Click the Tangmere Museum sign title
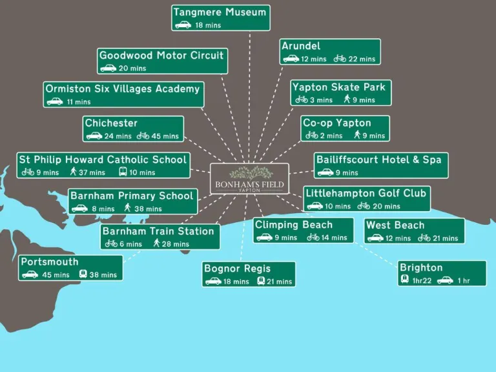click(x=220, y=13)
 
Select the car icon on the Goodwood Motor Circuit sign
click(x=108, y=68)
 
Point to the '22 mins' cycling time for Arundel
click(x=362, y=59)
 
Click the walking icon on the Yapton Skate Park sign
click(x=347, y=99)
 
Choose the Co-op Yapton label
click(x=336, y=123)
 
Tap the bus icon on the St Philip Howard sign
click(x=123, y=172)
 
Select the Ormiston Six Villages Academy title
click(x=123, y=88)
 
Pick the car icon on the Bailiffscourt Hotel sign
click(x=325, y=172)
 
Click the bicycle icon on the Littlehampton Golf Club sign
click(x=364, y=206)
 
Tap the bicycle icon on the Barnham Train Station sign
click(x=111, y=243)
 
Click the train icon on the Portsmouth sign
click(x=83, y=274)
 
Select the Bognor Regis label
click(x=237, y=269)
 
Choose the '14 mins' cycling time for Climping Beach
click(x=335, y=238)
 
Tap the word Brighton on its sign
click(x=421, y=267)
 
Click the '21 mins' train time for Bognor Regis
click(x=279, y=282)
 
